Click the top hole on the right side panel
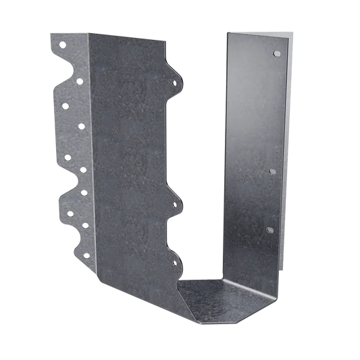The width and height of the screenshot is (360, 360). pyautogui.click(x=275, y=52)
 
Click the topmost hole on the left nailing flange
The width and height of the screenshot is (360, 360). pyautogui.click(x=62, y=45)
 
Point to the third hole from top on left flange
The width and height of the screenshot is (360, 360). pyautogui.click(x=66, y=105)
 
